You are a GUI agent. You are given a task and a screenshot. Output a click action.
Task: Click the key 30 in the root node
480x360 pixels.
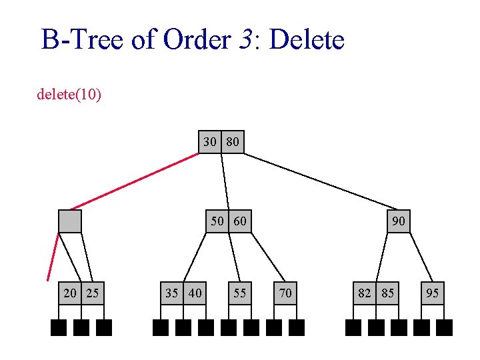point(210,142)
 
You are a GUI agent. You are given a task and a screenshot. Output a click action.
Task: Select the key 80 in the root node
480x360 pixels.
point(233,142)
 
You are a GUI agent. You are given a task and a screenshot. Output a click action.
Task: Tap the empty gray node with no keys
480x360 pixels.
point(70,221)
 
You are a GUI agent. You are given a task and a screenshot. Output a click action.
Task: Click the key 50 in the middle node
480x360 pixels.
point(217,221)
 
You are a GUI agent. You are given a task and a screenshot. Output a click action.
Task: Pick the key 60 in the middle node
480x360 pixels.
point(240,221)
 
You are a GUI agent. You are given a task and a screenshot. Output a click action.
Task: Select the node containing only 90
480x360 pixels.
point(399,221)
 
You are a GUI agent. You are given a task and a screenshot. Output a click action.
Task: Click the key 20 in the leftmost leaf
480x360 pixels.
point(70,293)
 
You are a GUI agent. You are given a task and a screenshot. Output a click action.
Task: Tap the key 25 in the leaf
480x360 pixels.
point(93,293)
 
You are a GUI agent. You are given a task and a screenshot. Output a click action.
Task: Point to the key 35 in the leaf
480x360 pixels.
point(172,293)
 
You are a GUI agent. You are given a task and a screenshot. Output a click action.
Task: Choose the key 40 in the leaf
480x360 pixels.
point(195,293)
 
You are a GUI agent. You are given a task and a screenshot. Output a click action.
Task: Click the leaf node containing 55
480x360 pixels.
point(240,293)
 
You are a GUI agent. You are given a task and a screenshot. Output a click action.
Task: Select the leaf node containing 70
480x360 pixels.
point(285,293)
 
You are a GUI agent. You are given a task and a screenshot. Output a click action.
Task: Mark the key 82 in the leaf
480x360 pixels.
point(365,293)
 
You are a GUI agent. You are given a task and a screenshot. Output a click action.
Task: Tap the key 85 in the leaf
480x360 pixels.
point(387,293)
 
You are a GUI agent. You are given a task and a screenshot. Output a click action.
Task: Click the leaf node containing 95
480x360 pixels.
point(433,293)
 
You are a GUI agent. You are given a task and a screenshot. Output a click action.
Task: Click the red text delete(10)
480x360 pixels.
point(69,95)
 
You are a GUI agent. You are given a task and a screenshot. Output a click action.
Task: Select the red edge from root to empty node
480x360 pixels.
point(133,181)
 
